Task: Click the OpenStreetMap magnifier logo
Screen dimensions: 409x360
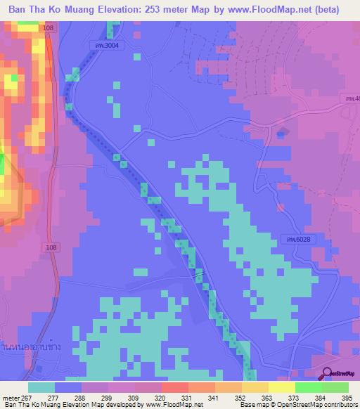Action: click(327, 375)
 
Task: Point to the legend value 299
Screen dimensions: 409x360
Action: click(95, 398)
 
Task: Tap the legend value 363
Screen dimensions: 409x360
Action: click(255, 398)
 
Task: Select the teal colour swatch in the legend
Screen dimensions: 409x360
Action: click(41, 387)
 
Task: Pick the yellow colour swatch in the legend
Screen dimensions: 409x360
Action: click(282, 387)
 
